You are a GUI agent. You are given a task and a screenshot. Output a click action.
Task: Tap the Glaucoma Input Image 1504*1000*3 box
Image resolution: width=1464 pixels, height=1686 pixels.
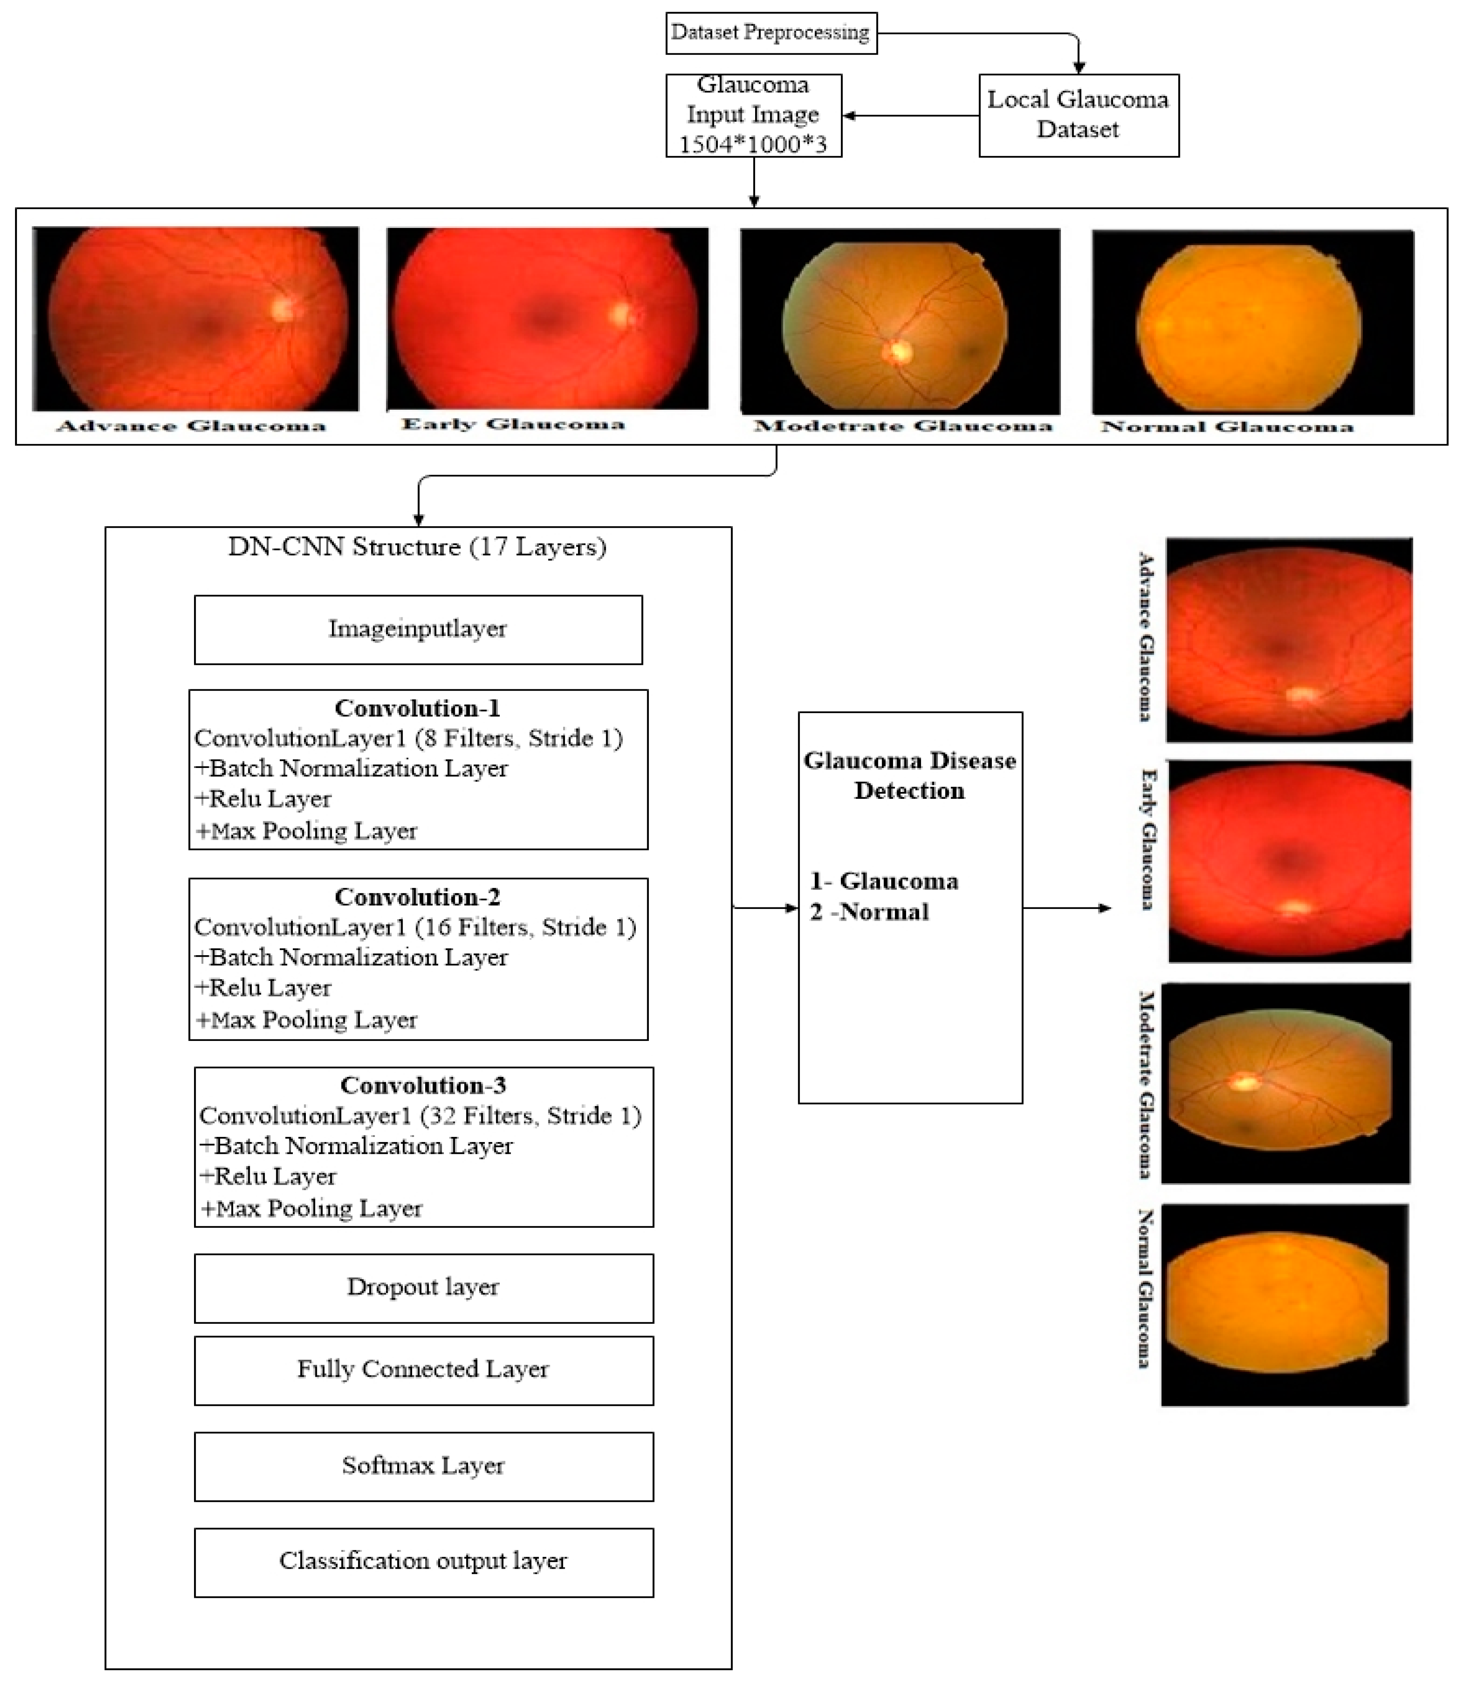tap(753, 115)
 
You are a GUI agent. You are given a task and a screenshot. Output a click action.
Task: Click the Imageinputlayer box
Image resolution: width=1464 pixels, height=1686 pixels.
tap(418, 629)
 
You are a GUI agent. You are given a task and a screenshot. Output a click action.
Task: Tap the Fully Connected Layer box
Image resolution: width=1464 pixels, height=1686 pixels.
tap(423, 1369)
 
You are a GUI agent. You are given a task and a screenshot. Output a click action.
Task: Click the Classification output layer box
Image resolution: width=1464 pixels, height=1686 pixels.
tap(423, 1561)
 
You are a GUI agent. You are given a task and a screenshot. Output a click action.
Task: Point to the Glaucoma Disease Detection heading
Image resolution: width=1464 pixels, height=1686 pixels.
tap(909, 775)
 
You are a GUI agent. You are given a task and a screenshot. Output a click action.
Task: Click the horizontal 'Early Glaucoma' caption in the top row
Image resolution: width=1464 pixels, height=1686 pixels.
tap(513, 424)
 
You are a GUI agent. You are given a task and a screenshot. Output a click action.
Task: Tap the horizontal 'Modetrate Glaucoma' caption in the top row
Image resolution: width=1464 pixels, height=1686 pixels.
tap(903, 425)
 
